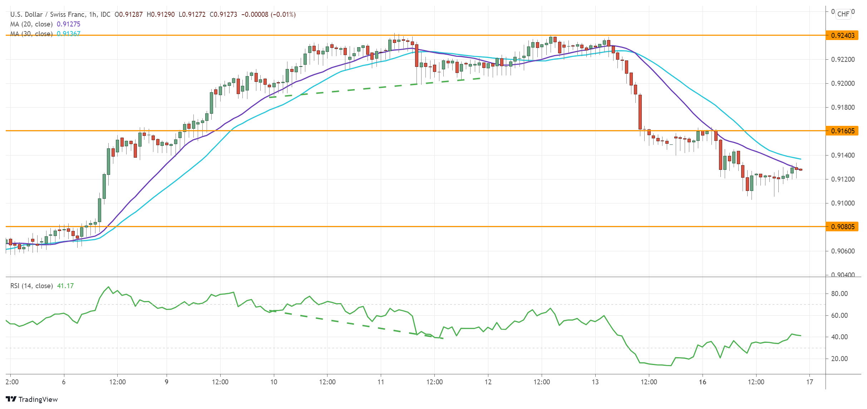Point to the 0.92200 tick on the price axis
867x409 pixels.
point(843,59)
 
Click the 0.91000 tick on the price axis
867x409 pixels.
point(843,203)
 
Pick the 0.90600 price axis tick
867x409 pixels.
point(843,251)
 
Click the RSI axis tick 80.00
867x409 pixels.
point(839,294)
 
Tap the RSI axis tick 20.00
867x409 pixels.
point(839,359)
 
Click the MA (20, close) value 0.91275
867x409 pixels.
point(69,24)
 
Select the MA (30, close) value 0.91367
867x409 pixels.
point(69,34)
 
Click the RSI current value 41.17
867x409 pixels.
point(65,286)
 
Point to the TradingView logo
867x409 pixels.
point(32,399)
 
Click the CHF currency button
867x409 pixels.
point(843,14)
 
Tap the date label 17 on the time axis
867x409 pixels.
point(809,382)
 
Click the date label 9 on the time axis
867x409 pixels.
point(167,382)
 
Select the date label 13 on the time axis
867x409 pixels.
point(595,382)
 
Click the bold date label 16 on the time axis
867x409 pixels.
point(703,382)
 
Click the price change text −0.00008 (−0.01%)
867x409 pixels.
point(269,14)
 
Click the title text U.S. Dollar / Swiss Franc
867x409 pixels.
point(48,14)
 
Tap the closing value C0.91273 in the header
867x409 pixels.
point(223,14)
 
